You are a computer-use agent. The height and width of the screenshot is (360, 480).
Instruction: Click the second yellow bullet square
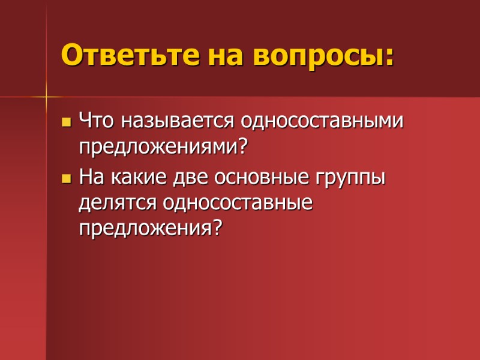(66, 179)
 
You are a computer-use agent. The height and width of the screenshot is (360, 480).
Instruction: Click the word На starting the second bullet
(91, 178)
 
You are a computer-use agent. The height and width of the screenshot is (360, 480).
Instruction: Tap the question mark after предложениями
(242, 146)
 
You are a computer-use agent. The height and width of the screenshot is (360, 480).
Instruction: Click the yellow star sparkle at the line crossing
(46, 96)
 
